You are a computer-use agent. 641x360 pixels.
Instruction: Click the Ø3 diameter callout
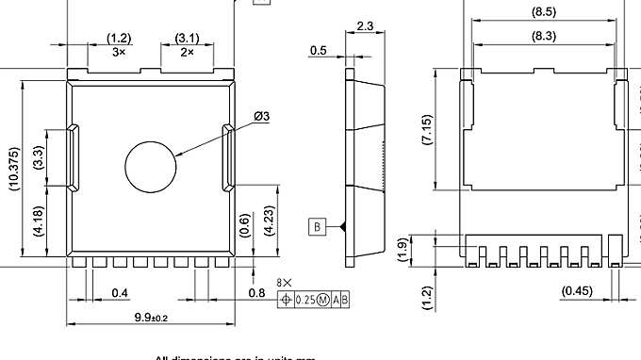(261, 116)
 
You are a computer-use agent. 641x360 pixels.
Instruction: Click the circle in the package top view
(151, 166)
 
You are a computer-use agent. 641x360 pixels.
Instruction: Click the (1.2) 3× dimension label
(119, 44)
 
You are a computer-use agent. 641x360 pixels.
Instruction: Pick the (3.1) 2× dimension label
(186, 44)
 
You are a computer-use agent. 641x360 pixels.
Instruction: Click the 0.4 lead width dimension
(120, 294)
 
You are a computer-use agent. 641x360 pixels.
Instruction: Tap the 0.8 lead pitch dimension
(256, 293)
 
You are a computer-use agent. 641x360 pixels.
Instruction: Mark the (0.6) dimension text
(246, 226)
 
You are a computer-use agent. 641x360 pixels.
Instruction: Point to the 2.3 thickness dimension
(366, 26)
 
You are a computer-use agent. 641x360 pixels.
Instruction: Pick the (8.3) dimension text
(543, 35)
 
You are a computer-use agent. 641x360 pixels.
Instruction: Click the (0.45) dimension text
(577, 291)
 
